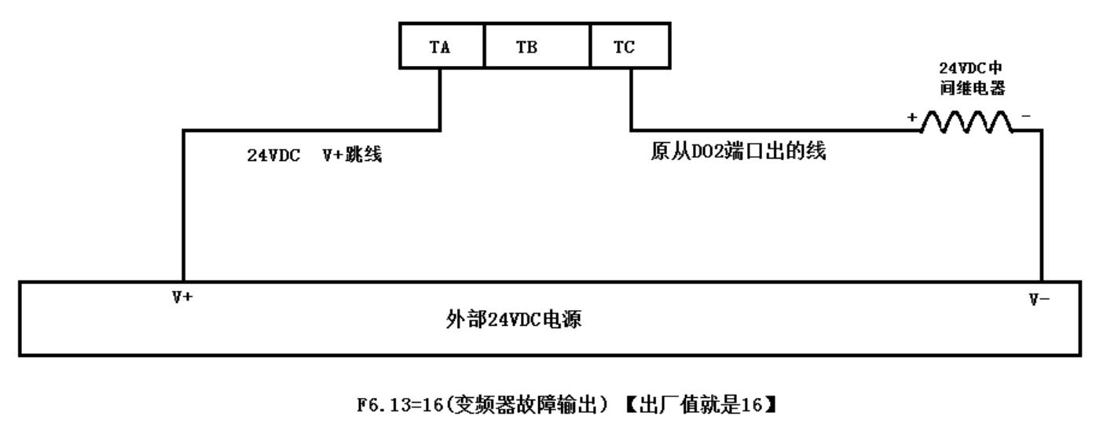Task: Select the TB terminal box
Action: point(526,47)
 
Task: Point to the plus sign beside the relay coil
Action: point(913,118)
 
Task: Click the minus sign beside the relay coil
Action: point(1026,116)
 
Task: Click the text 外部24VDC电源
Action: point(515,321)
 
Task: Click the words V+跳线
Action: point(352,155)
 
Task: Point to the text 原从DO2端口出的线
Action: point(737,152)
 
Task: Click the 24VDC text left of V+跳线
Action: point(274,155)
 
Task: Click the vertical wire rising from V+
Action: point(183,204)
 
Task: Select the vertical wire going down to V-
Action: point(1042,204)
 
